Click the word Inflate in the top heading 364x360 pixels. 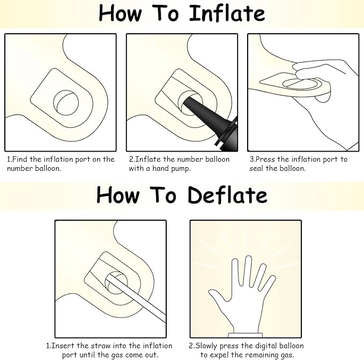click(x=227, y=13)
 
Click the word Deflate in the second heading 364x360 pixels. click(x=227, y=195)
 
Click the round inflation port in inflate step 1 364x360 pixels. click(x=66, y=103)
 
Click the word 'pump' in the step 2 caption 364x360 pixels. click(x=181, y=169)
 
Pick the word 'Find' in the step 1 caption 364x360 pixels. click(x=19, y=159)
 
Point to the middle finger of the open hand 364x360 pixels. click(x=248, y=270)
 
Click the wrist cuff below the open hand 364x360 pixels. click(x=246, y=335)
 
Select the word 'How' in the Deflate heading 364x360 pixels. click(x=118, y=196)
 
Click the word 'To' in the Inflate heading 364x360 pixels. click(x=165, y=13)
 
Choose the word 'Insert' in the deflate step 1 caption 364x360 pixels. click(x=63, y=346)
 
